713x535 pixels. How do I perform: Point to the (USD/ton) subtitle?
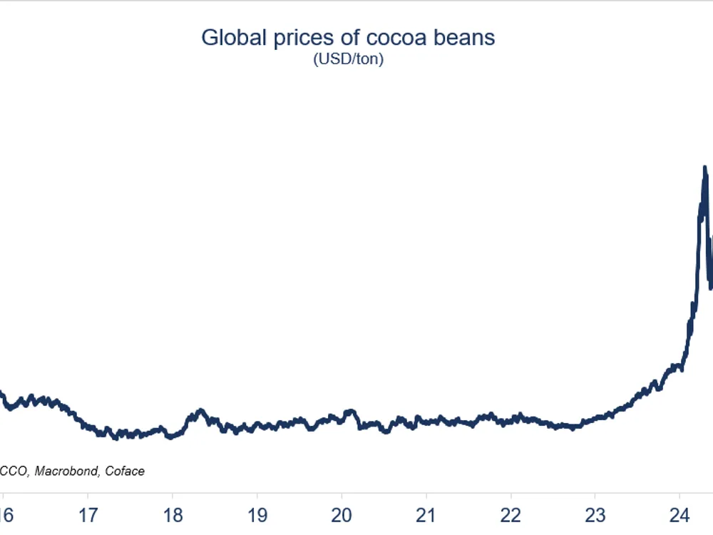(348, 60)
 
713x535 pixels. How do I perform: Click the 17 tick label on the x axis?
(88, 515)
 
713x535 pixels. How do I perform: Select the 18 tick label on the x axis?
(172, 515)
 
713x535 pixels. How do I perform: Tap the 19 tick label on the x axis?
(257, 515)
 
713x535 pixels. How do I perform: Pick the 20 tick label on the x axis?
(342, 515)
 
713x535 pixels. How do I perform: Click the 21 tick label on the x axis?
(426, 515)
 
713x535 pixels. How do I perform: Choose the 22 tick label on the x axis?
(511, 515)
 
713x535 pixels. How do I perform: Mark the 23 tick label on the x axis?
(595, 515)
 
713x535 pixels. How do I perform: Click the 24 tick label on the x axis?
(680, 515)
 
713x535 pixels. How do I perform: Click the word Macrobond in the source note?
(68, 471)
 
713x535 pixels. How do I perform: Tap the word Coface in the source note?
(126, 471)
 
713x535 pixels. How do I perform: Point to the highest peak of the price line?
(705, 168)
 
